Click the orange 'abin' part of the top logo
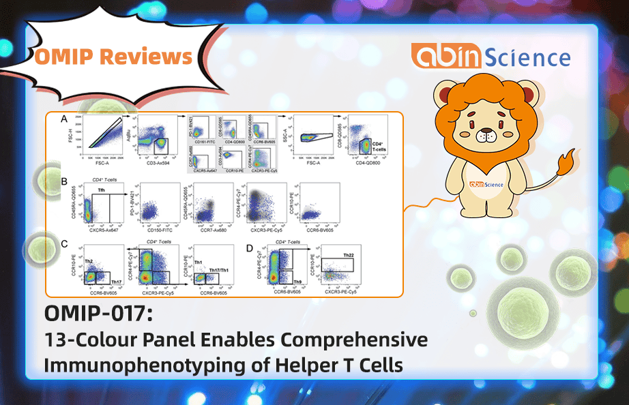(441, 56)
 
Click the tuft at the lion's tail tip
(565, 164)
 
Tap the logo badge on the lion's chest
(486, 184)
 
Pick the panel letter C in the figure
(63, 243)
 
